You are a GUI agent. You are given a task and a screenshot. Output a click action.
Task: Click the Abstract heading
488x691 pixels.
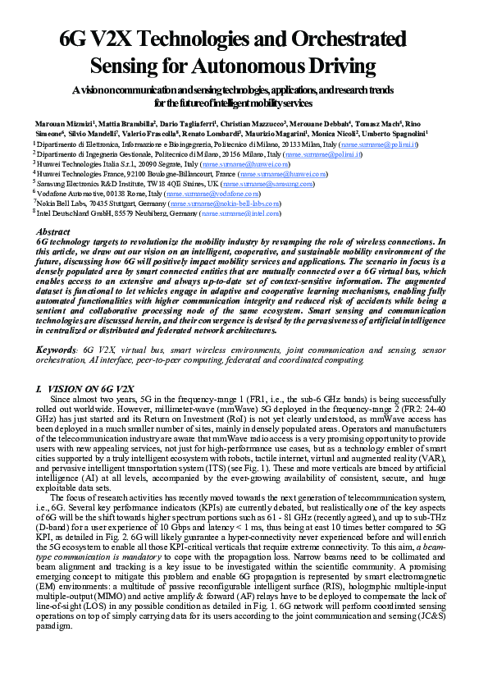(x=54, y=232)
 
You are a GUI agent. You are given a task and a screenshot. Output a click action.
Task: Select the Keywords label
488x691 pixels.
(x=57, y=350)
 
